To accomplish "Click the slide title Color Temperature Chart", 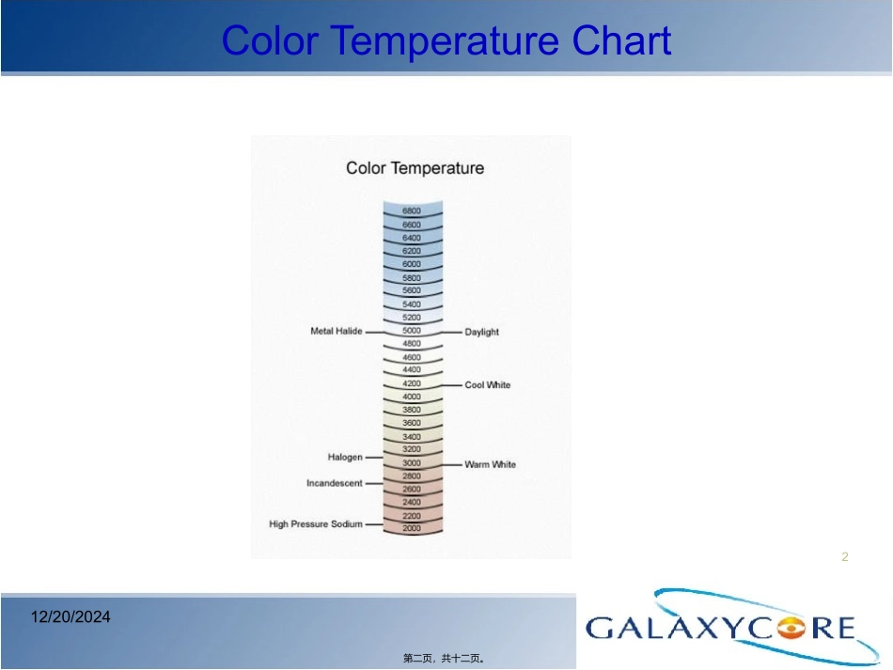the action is click(446, 40).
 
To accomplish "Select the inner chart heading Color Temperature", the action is click(415, 168).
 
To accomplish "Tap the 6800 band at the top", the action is click(412, 210).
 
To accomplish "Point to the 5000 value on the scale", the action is click(412, 330).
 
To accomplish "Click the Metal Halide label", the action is click(336, 331).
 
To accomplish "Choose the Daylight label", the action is click(482, 332).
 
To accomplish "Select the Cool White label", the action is click(488, 385).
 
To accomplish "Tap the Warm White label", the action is click(491, 464).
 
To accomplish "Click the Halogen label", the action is click(345, 457).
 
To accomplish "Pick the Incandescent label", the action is click(335, 483).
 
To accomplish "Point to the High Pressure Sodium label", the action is click(316, 523).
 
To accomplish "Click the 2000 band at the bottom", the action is click(412, 528).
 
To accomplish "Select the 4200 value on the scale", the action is click(412, 383).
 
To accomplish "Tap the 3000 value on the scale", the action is click(412, 463).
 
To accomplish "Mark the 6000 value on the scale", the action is click(412, 264).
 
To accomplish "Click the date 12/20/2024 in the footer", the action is click(70, 617).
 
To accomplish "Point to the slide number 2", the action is click(845, 556).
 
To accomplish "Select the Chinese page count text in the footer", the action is click(444, 659).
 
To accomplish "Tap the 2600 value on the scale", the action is click(412, 489).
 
